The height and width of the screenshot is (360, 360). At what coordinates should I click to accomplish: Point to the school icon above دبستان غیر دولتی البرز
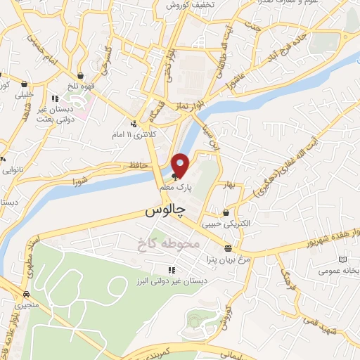[170, 269]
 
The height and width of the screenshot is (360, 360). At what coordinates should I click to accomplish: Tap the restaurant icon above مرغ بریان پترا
[228, 248]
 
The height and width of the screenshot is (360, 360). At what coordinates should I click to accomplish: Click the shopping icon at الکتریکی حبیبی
[226, 213]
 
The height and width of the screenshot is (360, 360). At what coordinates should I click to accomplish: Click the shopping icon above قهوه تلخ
[82, 76]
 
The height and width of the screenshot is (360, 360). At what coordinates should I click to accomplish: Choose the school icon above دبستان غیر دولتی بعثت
[56, 98]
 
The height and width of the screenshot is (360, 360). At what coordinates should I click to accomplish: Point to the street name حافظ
[137, 165]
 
